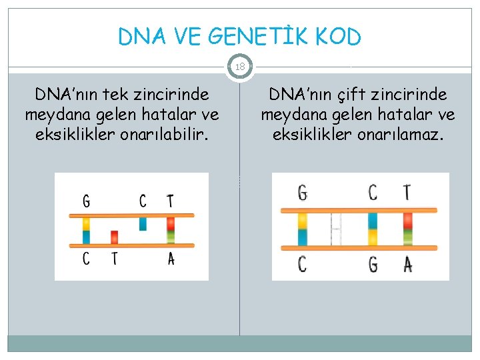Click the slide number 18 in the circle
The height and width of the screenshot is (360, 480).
pos(239,67)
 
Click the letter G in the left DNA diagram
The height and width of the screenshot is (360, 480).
pos(86,201)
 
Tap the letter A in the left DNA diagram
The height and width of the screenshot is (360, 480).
pos(171,259)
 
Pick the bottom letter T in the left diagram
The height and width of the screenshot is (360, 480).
pos(114,259)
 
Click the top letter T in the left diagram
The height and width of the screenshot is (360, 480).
pos(171,201)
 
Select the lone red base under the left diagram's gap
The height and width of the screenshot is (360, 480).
pos(114,237)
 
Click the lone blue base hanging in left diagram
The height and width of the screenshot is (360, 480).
pos(143,223)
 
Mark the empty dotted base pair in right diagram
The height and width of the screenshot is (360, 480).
pos(336,229)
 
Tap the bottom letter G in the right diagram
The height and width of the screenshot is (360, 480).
pos(373,265)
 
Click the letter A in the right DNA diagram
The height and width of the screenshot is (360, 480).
pos(407,265)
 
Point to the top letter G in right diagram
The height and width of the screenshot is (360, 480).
pos(303,193)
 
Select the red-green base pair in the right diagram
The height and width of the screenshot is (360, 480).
pos(407,229)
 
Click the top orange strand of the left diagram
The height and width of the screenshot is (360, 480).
pos(132,215)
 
